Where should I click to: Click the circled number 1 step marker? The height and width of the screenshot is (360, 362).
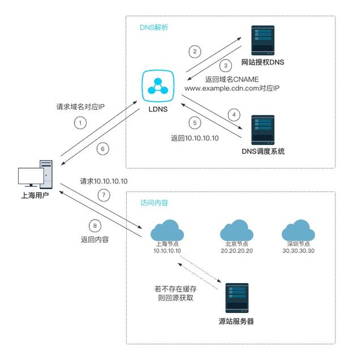click(x=81, y=122)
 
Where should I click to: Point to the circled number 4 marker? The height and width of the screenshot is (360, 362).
click(x=231, y=113)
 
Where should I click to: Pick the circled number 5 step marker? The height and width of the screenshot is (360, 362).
click(x=195, y=122)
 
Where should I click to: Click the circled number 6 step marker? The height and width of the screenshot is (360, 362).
click(x=102, y=149)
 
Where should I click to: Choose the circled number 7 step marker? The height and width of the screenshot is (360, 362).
click(x=102, y=195)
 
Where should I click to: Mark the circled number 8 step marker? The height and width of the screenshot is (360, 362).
click(x=95, y=226)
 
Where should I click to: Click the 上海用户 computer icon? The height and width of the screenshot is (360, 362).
click(x=35, y=177)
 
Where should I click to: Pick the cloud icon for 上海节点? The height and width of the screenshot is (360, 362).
click(x=167, y=231)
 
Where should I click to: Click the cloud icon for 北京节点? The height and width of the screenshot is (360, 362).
click(x=237, y=231)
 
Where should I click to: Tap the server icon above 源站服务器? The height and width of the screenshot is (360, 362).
click(x=236, y=297)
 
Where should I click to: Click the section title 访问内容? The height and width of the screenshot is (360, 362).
click(x=154, y=203)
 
